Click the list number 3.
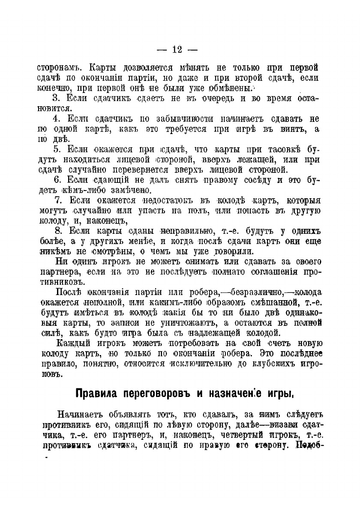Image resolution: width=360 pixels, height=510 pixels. (x=60, y=99)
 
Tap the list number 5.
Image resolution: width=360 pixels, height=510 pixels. (x=60, y=149)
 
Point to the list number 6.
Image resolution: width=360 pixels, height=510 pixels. (x=60, y=179)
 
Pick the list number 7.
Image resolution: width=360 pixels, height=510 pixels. (x=60, y=200)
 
